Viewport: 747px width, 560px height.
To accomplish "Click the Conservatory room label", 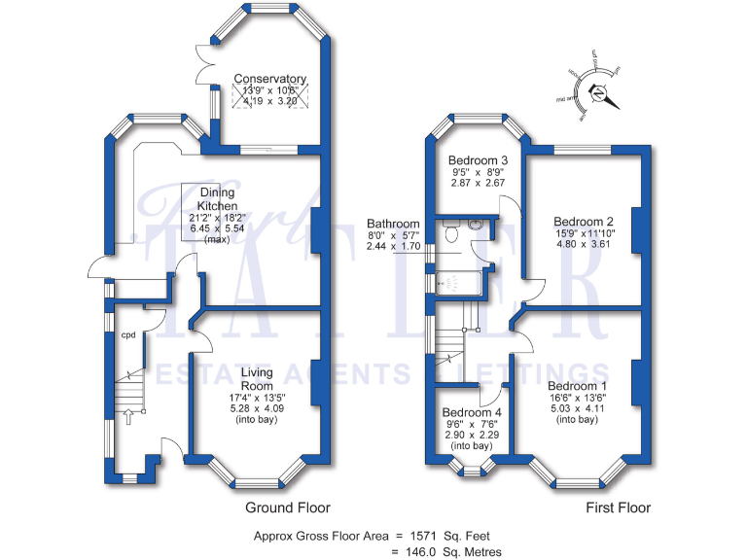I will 269,79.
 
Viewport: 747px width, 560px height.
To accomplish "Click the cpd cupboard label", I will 127,335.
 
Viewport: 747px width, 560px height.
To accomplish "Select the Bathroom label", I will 393,224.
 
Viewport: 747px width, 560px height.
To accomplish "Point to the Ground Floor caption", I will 288,507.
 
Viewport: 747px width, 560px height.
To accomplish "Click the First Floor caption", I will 618,507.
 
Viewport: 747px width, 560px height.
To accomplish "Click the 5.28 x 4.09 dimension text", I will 257,408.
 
